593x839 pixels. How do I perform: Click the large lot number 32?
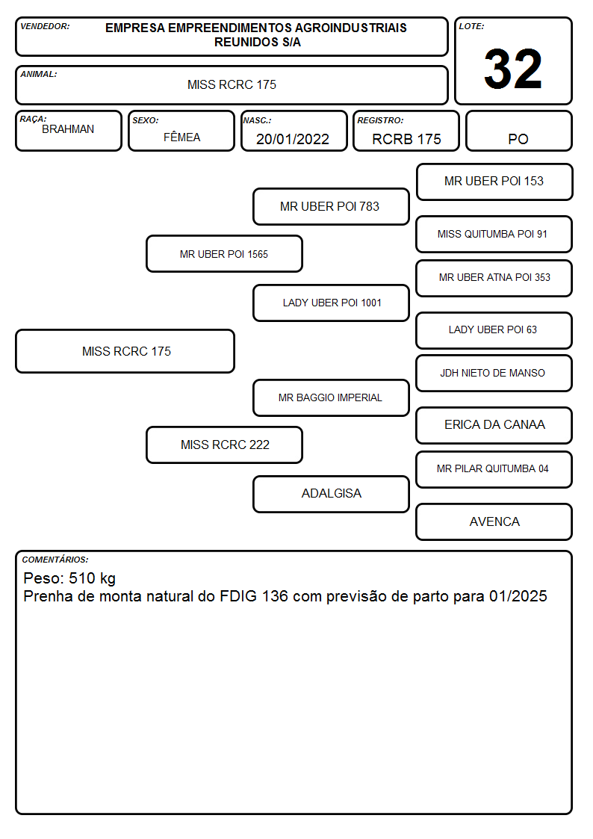(x=513, y=69)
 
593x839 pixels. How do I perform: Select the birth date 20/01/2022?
(x=293, y=139)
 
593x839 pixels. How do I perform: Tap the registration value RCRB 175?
(x=406, y=139)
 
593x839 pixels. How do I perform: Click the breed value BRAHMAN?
(x=68, y=129)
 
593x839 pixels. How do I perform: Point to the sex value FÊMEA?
(x=181, y=137)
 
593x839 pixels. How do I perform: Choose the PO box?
(x=518, y=131)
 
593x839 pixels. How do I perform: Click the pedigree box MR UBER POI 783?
(x=331, y=206)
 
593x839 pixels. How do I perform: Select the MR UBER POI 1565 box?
(x=224, y=254)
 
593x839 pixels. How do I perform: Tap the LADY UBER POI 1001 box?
(x=331, y=303)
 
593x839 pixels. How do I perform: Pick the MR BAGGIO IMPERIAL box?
(x=331, y=397)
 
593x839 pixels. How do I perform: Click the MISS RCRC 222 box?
(x=224, y=445)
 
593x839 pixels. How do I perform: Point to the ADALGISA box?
(x=331, y=494)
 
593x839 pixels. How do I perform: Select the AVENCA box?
(x=494, y=521)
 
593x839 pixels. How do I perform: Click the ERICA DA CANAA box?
(x=494, y=425)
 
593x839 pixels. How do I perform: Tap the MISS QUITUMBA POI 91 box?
(x=494, y=234)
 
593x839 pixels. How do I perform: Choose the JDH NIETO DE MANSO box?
(x=494, y=373)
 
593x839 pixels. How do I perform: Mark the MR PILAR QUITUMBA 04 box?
(x=494, y=469)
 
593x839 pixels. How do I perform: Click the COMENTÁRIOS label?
(x=55, y=560)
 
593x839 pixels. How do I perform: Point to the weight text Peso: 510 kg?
(x=69, y=578)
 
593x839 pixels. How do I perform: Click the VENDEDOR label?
(x=45, y=26)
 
